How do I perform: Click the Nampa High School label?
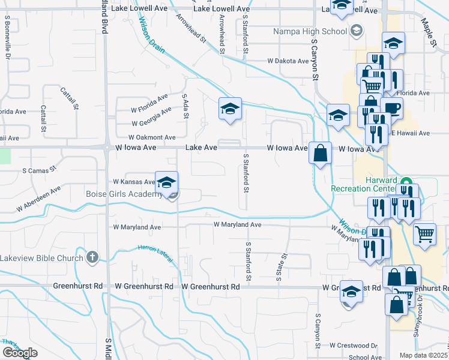pyautogui.click(x=310, y=31)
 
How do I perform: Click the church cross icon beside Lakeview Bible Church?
pyautogui.click(x=92, y=257)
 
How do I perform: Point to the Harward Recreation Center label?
pyautogui.click(x=364, y=184)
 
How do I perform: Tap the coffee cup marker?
pyautogui.click(x=391, y=109)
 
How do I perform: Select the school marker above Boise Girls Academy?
pyautogui.click(x=167, y=182)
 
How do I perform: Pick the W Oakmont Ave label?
pyautogui.click(x=152, y=137)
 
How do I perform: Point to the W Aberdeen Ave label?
pyautogui.click(x=39, y=199)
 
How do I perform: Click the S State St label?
pyautogui.click(x=280, y=267)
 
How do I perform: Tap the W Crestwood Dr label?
pyautogui.click(x=353, y=346)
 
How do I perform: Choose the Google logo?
pyautogui.click(x=20, y=353)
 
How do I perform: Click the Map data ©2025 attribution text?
pyautogui.click(x=424, y=355)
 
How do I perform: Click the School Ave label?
pyautogui.click(x=365, y=357)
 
